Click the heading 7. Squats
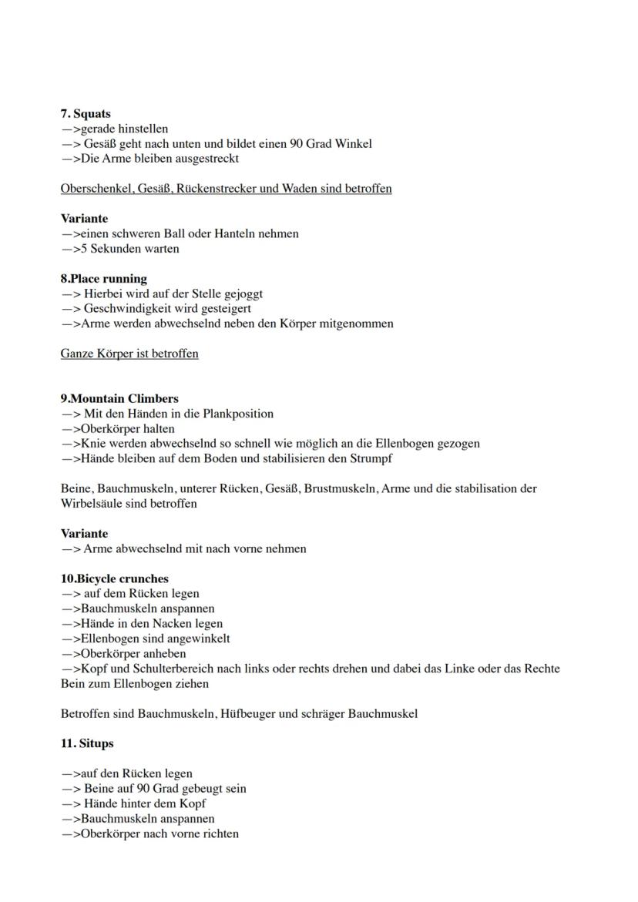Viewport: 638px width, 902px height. click(x=86, y=114)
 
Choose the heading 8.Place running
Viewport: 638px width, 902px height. click(x=103, y=279)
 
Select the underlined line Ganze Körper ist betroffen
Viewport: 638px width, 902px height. click(x=129, y=354)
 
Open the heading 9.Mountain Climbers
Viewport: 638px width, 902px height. click(x=119, y=399)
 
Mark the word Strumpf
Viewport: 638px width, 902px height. click(x=370, y=459)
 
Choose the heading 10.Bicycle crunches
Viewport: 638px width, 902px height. click(x=114, y=579)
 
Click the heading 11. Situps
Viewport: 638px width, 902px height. click(x=87, y=744)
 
